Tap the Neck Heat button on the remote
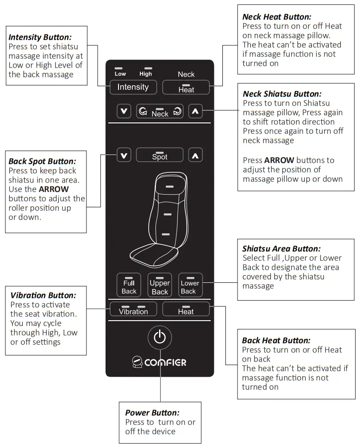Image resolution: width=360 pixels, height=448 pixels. [x=186, y=87]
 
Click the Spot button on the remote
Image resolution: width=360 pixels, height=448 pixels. [x=160, y=155]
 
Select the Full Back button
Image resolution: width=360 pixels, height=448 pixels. [x=129, y=285]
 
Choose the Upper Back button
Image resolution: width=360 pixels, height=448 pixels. [x=160, y=285]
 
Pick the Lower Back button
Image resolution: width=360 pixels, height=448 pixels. [x=190, y=285]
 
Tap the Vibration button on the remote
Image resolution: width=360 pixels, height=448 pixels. [x=133, y=309]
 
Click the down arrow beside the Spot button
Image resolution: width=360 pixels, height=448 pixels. [x=124, y=155]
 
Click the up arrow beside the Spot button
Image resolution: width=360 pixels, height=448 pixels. [x=195, y=155]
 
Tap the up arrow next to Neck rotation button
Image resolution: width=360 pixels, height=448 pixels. [x=195, y=111]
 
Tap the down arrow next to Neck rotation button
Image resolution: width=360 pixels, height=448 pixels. [x=124, y=111]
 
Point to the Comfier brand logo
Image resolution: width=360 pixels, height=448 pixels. [x=159, y=362]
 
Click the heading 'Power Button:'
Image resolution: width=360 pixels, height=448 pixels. [x=152, y=413]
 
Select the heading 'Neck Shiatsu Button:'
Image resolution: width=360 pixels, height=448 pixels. [x=282, y=94]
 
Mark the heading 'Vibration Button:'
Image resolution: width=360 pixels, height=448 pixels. [x=43, y=295]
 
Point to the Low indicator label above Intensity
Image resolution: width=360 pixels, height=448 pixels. [x=120, y=73]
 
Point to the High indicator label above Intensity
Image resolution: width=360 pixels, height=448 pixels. [x=146, y=73]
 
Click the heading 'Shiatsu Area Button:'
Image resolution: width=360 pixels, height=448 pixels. [x=281, y=248]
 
